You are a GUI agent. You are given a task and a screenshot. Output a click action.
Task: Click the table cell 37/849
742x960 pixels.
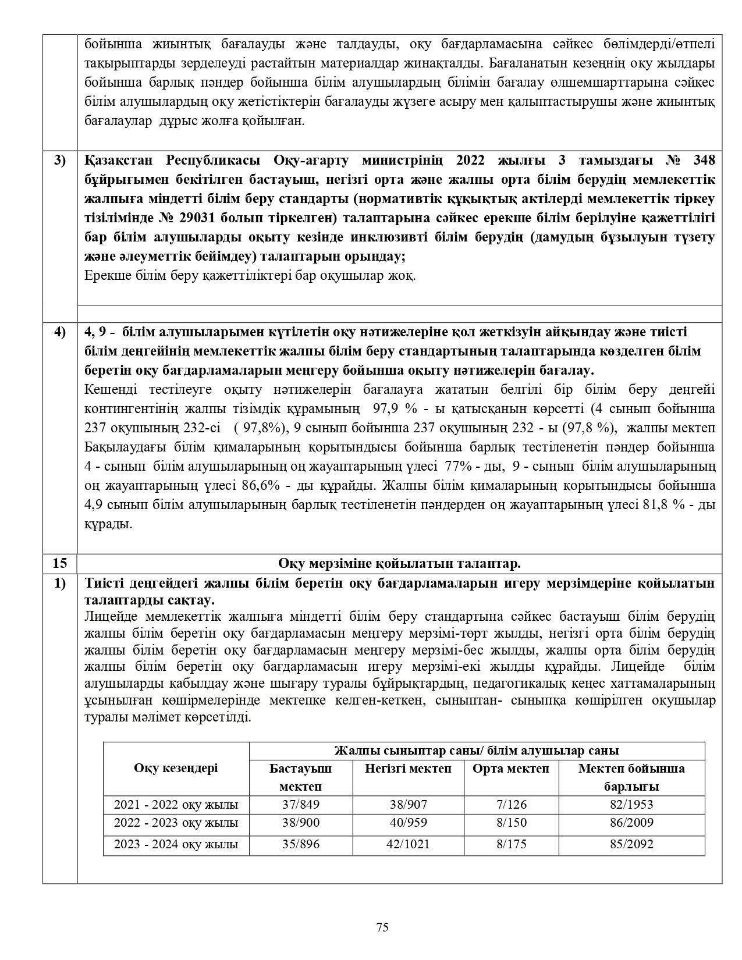301,805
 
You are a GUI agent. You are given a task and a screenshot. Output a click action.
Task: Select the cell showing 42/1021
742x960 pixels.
408,844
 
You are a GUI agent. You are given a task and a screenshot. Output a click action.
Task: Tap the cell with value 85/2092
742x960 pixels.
631,844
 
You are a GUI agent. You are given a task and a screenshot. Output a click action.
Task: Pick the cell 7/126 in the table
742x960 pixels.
511,805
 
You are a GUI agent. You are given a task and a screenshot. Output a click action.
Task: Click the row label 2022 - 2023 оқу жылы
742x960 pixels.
176,823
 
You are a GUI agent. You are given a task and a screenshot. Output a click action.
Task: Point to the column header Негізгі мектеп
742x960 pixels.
408,769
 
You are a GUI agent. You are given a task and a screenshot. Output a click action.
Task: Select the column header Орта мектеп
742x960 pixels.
511,769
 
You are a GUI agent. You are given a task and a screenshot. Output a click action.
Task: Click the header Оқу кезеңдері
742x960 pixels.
176,768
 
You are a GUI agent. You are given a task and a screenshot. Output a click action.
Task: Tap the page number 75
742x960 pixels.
382,927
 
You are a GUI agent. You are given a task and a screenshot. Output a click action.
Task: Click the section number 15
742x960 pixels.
60,563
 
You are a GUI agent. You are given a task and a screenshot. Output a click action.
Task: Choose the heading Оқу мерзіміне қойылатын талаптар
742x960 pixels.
399,563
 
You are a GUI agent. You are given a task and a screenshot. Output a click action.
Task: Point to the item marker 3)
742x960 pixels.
60,160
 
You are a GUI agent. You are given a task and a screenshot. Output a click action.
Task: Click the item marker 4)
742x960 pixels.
60,332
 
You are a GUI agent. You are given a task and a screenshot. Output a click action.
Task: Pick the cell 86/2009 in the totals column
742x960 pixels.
631,823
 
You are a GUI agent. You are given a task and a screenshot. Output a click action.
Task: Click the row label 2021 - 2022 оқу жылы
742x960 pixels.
176,805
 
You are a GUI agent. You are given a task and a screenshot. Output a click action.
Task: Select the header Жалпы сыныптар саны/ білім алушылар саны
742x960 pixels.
476,751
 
